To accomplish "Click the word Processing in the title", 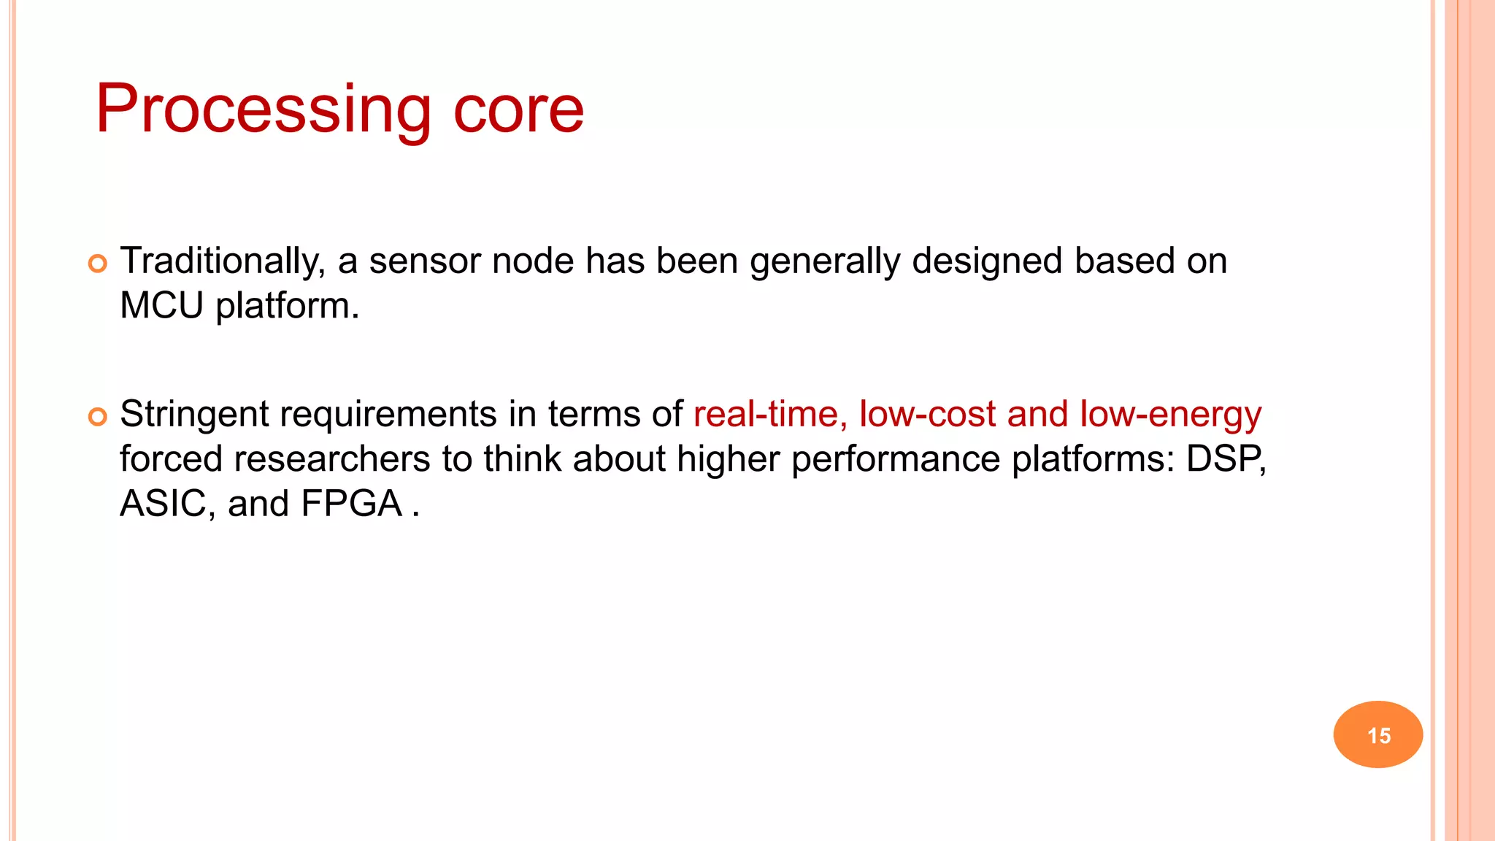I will coord(264,110).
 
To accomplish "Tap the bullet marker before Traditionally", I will coord(98,264).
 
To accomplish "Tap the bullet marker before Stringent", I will coord(98,417).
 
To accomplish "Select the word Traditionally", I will coord(222,261).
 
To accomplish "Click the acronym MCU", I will coord(161,306).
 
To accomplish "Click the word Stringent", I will coord(194,415).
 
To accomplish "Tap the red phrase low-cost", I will coord(927,415).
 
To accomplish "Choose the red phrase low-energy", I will coord(1170,415).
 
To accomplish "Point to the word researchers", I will coord(331,459).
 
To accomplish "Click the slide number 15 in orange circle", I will coord(1378,735).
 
